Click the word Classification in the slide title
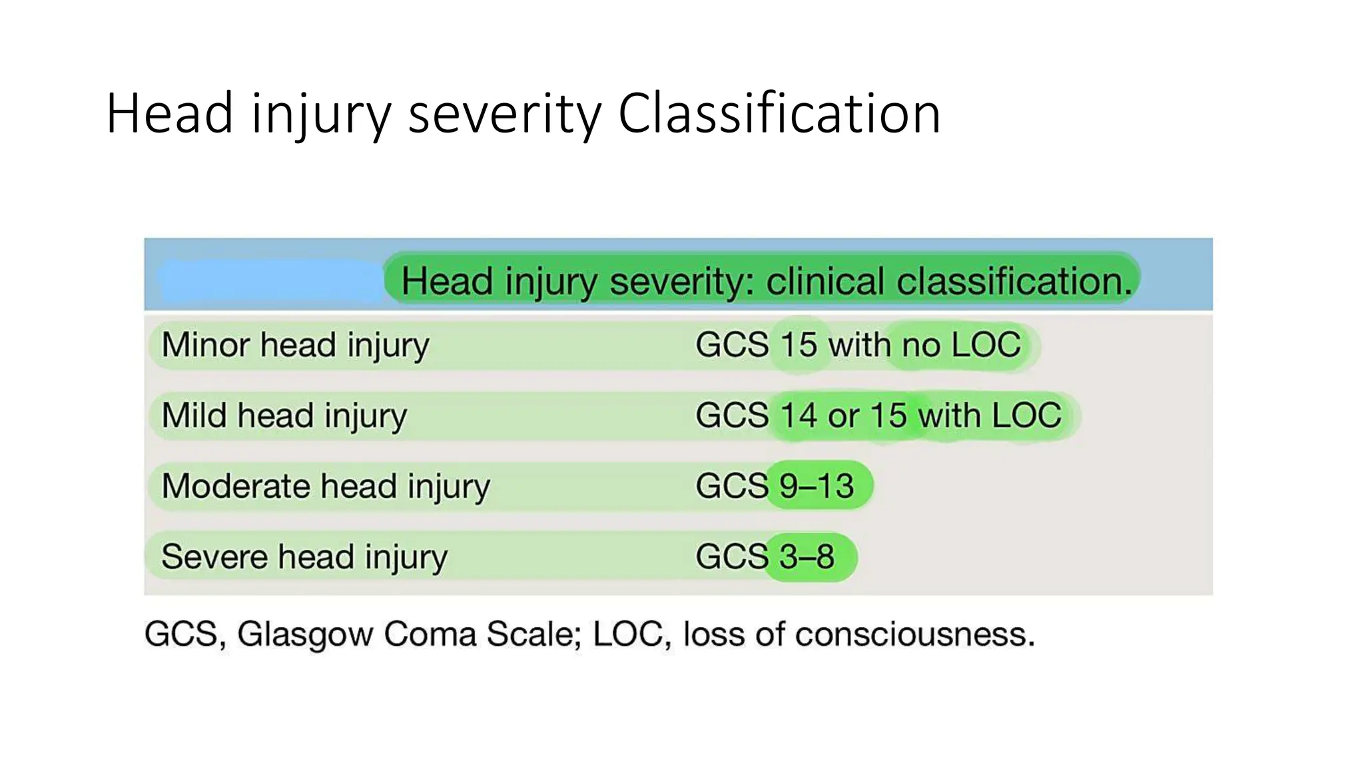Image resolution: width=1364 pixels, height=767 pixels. point(779,114)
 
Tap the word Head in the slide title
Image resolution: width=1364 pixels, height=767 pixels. point(170,114)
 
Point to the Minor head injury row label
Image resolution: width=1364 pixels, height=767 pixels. point(295,345)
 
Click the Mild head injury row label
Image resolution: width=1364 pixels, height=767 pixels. point(284,415)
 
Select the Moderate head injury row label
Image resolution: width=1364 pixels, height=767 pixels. point(326,486)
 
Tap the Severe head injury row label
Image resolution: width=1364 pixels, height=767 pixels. point(304,557)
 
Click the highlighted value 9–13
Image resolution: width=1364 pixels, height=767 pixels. point(817,486)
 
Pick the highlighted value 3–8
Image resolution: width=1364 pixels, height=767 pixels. point(807,557)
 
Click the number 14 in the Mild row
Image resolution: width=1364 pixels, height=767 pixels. point(798,415)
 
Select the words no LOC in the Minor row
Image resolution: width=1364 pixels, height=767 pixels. point(960,345)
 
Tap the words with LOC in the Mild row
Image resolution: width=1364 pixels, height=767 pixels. point(990,415)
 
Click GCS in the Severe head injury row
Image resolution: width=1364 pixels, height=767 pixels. point(731,557)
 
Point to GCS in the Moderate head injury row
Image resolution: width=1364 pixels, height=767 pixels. point(731,486)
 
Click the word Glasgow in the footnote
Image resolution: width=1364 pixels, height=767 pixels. point(304,634)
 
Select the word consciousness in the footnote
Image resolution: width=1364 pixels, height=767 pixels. point(915,634)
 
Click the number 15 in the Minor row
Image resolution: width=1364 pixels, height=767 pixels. point(798,345)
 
